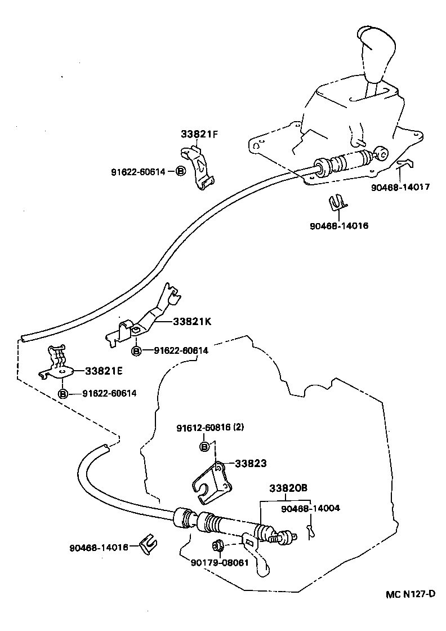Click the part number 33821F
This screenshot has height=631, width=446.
(x=199, y=135)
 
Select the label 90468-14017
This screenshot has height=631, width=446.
(x=400, y=187)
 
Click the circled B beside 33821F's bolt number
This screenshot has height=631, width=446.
(x=180, y=171)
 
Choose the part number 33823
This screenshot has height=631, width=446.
(x=250, y=463)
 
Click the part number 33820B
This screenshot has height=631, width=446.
(x=288, y=488)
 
